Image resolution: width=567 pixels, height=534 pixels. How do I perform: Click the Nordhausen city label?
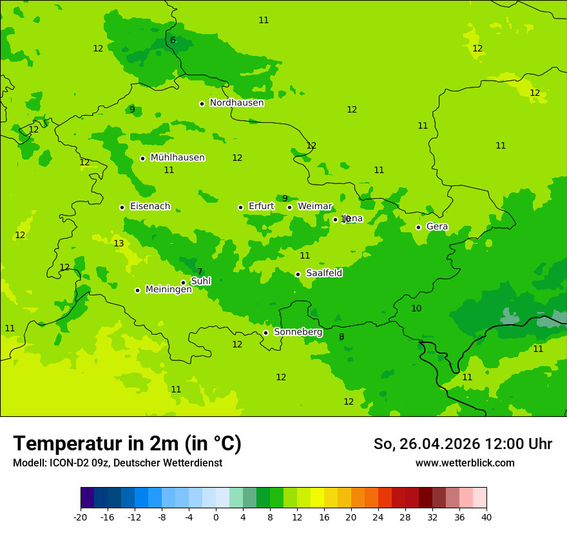(x=236, y=103)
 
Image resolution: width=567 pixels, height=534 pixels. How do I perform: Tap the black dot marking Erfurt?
(x=240, y=207)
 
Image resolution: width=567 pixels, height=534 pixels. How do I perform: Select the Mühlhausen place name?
(x=177, y=158)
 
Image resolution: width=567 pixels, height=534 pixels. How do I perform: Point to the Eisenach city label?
(x=150, y=207)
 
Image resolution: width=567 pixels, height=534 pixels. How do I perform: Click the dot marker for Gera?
(x=418, y=227)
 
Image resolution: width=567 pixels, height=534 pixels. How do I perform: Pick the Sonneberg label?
(x=298, y=332)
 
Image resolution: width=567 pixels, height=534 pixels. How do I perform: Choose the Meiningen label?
(x=168, y=290)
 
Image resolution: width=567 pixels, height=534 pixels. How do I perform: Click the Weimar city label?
(x=314, y=207)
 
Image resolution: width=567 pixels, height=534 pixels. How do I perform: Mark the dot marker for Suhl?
(x=183, y=282)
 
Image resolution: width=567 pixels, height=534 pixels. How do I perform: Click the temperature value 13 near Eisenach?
(x=119, y=243)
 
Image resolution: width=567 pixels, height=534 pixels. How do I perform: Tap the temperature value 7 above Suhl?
(x=200, y=272)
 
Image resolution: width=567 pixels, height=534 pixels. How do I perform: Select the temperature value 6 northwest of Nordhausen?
(x=173, y=41)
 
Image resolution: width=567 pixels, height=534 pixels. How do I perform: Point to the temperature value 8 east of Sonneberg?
(x=341, y=336)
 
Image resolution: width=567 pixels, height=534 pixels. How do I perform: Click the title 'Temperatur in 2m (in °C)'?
(x=127, y=444)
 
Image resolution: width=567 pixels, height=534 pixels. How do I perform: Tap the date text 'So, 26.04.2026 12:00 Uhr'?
(x=463, y=444)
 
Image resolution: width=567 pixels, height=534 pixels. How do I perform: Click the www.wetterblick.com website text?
(x=465, y=463)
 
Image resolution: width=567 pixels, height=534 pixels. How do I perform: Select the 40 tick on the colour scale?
(x=486, y=517)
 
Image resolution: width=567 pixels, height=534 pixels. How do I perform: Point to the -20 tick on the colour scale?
(x=81, y=517)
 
